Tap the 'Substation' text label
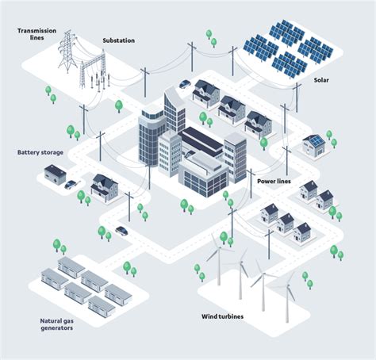pyautogui.click(x=119, y=40)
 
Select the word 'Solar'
pyautogui.click(x=321, y=80)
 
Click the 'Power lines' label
pyautogui.click(x=274, y=181)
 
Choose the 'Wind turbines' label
pyautogui.click(x=222, y=316)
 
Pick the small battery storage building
pyautogui.click(x=56, y=173)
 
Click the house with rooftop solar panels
pyautogui.click(x=313, y=144)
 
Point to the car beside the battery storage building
pyautogui.click(x=71, y=185)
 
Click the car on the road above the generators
pyautogui.click(x=121, y=231)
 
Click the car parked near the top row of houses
pyautogui.click(x=185, y=83)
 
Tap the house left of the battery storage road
pyautogui.click(x=104, y=187)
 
